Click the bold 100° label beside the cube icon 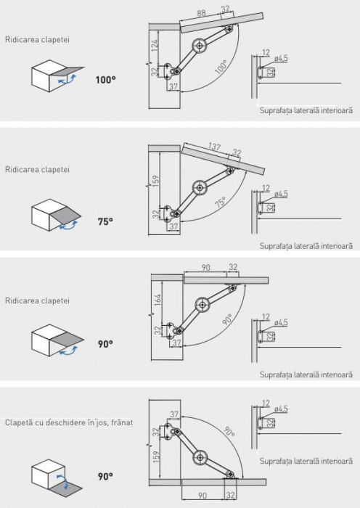106,80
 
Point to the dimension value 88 201,13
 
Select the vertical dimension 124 155,46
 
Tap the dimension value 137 215,147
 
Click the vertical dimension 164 157,300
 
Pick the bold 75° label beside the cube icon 105,221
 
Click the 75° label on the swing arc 220,202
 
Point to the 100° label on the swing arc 221,67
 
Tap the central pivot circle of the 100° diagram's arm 199,46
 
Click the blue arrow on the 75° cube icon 68,226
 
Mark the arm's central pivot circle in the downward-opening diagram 200,457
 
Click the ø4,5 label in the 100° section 281,59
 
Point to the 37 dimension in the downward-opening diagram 174,414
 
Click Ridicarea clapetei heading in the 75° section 37,169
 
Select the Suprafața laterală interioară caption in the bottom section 306,461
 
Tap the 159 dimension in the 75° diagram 155,182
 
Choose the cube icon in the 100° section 57,75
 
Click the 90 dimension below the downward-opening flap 202,496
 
